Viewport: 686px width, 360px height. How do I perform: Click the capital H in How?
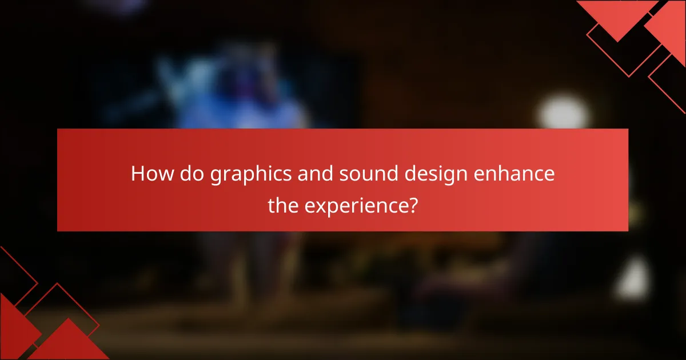click(137, 174)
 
